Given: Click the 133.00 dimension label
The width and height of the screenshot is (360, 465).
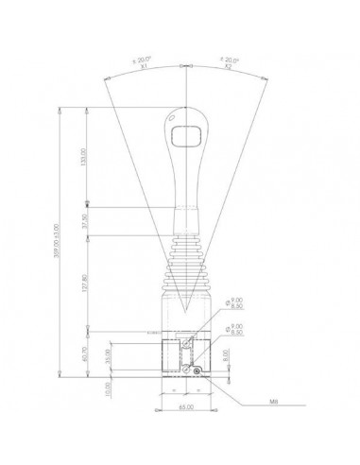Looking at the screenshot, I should click(84, 156).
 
